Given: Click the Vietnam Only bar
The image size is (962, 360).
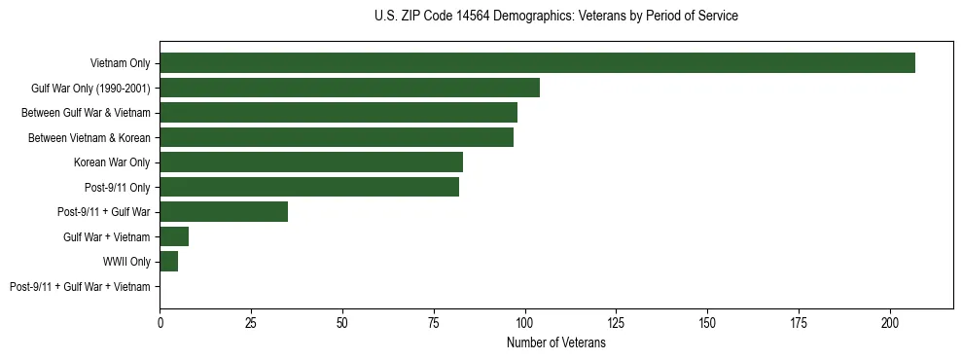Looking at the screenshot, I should pos(537,63).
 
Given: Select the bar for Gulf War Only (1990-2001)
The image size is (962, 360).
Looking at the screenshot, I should pos(349,88).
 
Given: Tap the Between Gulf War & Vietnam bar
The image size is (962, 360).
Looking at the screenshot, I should pos(338,113).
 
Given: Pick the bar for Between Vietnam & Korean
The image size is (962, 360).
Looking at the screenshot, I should pos(337,137).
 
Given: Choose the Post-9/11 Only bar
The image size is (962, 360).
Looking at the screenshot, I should pos(309,187).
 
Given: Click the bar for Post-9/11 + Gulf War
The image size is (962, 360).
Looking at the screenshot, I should pos(224,212).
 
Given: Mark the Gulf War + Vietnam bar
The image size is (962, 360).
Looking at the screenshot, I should pos(174,236).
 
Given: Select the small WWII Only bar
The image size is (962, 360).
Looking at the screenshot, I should pos(169,262).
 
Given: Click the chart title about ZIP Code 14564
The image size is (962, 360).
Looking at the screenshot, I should pos(555,17).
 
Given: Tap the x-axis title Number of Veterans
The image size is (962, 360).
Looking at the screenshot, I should pos(555,342).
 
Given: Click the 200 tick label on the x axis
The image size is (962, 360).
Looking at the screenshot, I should pos(890,321).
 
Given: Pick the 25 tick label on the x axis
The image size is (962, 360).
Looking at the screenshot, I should pos(251,321).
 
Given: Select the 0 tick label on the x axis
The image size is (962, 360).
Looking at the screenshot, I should pos(160,321).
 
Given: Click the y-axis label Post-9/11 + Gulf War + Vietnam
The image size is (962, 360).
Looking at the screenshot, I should pos(80,287).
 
